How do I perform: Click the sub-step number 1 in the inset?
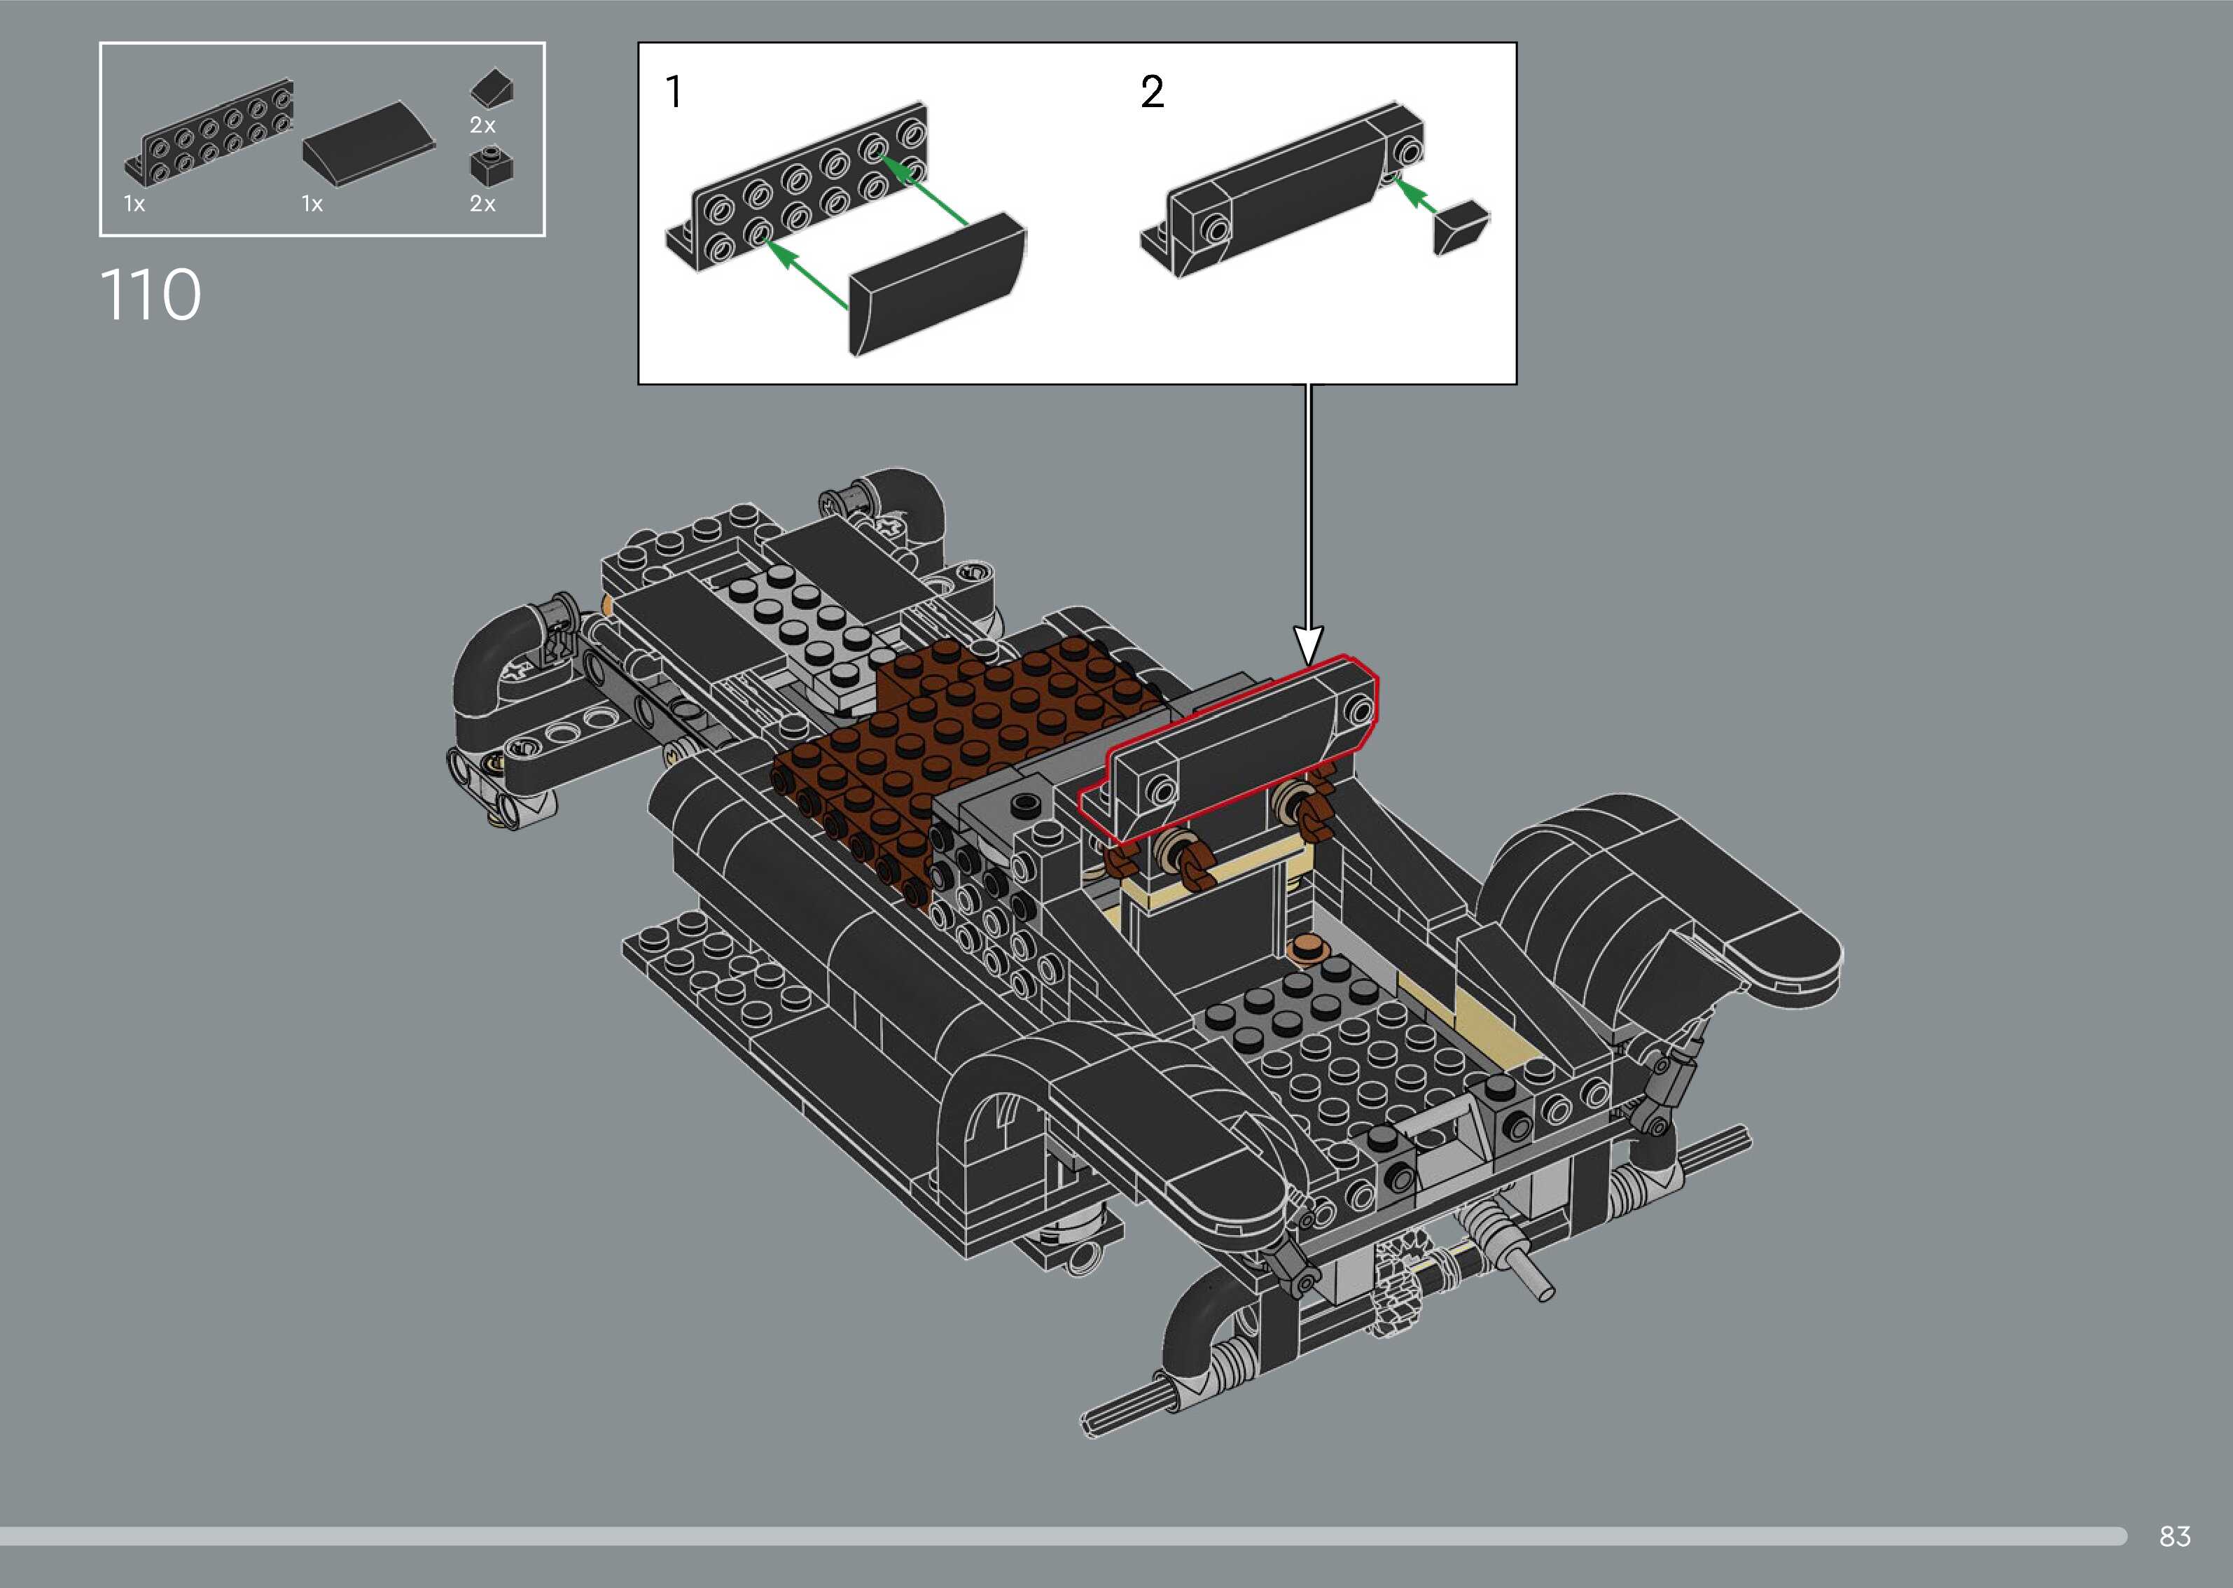tap(674, 92)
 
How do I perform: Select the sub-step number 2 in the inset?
tap(1153, 92)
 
